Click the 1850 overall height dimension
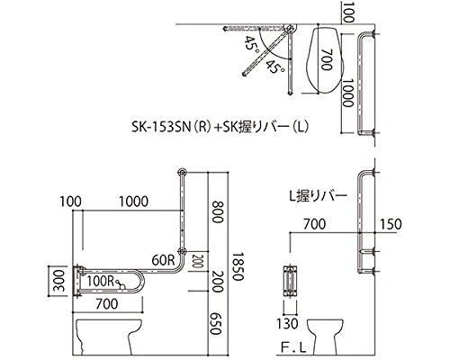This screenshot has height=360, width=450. click(x=238, y=265)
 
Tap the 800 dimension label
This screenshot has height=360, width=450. click(x=218, y=211)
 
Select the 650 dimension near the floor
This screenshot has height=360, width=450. click(x=215, y=324)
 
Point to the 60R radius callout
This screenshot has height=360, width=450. click(x=163, y=260)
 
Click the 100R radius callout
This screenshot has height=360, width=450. click(x=101, y=281)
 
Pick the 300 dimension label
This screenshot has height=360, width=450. click(x=59, y=281)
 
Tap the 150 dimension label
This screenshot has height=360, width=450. click(x=391, y=224)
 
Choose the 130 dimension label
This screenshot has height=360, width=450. click(x=287, y=324)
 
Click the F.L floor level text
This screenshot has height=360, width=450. click(x=293, y=348)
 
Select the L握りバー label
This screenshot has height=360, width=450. click(x=318, y=196)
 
